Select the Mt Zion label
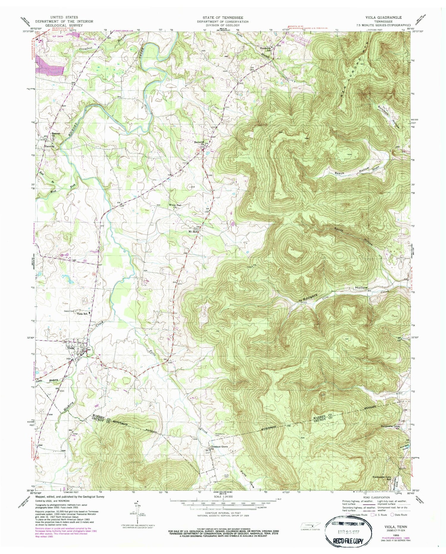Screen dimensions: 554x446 coord(193,231)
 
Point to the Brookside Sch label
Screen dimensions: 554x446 coord(266,49)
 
